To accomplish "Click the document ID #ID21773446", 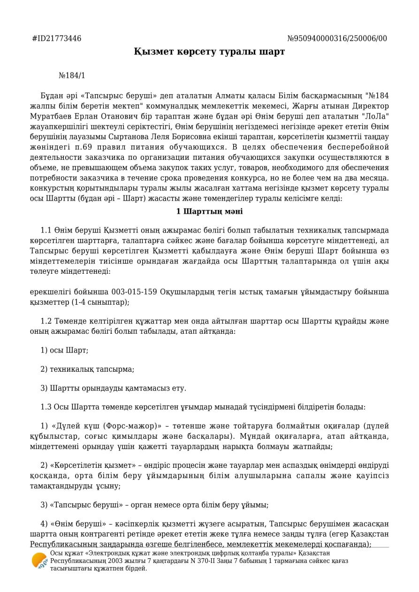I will pyautogui.click(x=56, y=38).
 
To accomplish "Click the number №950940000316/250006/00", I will pyautogui.click(x=337, y=38).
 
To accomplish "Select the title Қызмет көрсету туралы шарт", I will pyautogui.click(x=209, y=52).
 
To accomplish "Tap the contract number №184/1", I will pyautogui.click(x=72, y=75).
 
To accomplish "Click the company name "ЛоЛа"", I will pyautogui.click(x=375, y=116).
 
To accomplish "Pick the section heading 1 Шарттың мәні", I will pyautogui.click(x=209, y=211).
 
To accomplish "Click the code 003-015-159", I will pyautogui.click(x=135, y=292).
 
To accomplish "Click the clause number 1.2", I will pyautogui.click(x=46, y=321).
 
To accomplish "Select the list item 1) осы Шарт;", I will pyautogui.click(x=64, y=350).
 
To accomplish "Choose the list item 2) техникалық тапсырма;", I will pyautogui.click(x=87, y=369).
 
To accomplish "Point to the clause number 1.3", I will pyautogui.click(x=46, y=407).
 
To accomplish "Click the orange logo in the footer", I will pyautogui.click(x=39, y=560).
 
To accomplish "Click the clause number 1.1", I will pyautogui.click(x=46, y=230).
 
